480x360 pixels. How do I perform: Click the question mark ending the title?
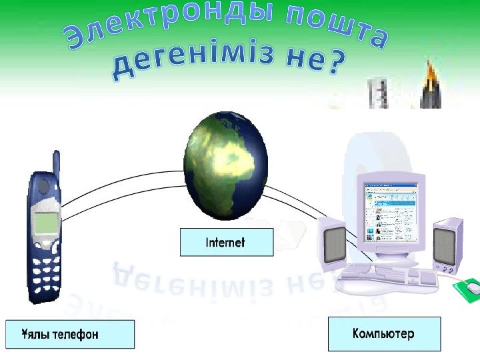pyautogui.click(x=337, y=63)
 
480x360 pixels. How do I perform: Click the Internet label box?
pyautogui.click(x=227, y=242)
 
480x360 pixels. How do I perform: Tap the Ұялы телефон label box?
pyautogui.click(x=70, y=334)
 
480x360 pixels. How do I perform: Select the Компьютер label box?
pyautogui.click(x=385, y=334)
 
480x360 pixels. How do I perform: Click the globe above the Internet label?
pyautogui.click(x=226, y=166)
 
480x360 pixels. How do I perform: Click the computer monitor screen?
pyautogui.click(x=390, y=212)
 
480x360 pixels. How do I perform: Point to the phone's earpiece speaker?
pyautogui.click(x=43, y=186)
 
